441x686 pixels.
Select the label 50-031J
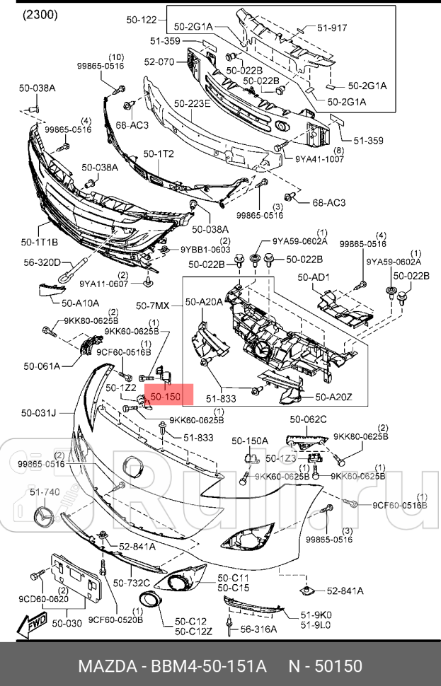click(38, 413)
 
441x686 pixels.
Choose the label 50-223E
click(192, 104)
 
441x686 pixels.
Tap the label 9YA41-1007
click(319, 158)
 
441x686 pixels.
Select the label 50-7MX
click(153, 306)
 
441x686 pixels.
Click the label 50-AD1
click(313, 277)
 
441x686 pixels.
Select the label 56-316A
click(258, 629)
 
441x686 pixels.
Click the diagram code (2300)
click(41, 14)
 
